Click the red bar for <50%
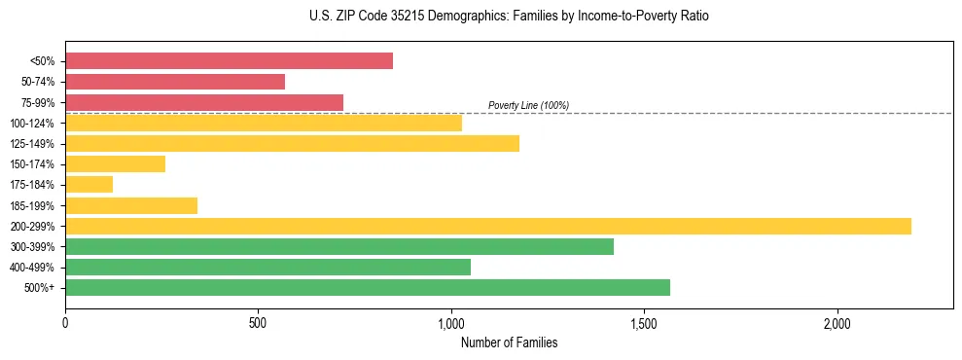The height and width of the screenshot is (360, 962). (229, 61)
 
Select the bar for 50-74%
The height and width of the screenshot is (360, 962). (175, 82)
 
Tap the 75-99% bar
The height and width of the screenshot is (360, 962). (204, 102)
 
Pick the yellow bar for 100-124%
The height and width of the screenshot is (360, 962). (264, 123)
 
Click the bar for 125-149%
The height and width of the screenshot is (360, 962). (292, 144)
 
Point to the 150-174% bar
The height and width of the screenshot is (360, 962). (115, 164)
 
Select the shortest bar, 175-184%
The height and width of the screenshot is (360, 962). (89, 185)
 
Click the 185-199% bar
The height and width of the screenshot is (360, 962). (131, 205)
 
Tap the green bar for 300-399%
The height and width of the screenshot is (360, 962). (339, 247)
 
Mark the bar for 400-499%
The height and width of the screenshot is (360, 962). (267, 268)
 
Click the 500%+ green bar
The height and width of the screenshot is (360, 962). (368, 288)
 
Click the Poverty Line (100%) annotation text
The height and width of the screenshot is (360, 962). (528, 105)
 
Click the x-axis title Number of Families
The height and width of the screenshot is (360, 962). (509, 342)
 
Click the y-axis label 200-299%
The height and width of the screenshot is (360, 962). (32, 227)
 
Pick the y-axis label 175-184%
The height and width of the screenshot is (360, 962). (32, 185)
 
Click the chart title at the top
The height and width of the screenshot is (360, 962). (509, 17)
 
